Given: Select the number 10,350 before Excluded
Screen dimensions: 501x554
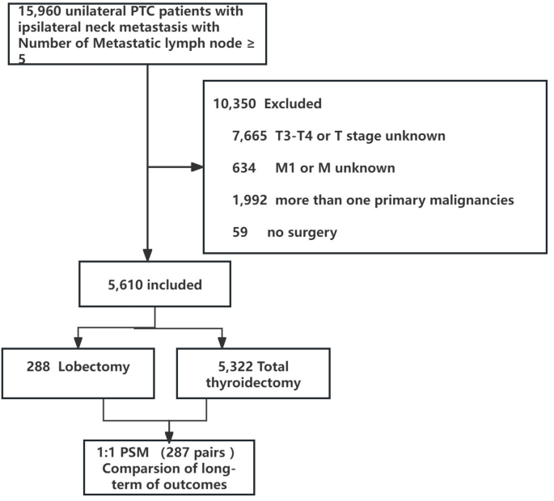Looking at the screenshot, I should click(x=233, y=103).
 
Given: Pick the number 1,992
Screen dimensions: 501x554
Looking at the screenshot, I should click(x=249, y=199).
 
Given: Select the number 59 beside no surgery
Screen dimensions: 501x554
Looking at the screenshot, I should click(x=240, y=232).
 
